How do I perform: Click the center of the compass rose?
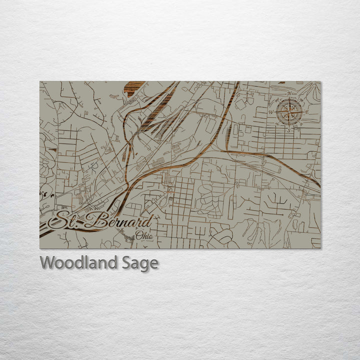click(287, 110)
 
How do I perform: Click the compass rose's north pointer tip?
click(287, 98)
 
